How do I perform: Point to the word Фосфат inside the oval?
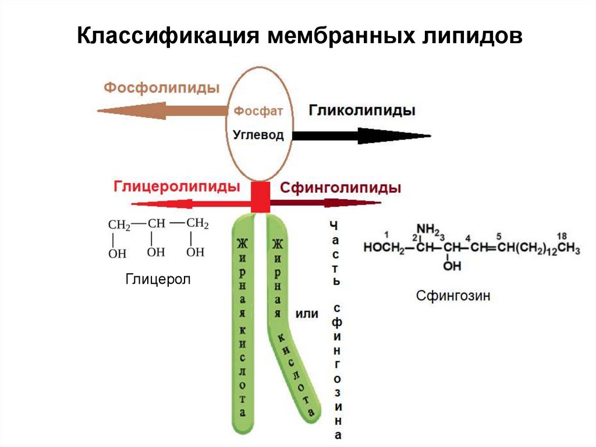click(x=258, y=110)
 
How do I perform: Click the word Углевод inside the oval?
click(x=258, y=135)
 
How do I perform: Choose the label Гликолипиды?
click(x=361, y=111)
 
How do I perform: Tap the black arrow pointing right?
click(x=361, y=136)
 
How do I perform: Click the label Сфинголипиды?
click(x=340, y=188)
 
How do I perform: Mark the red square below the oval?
click(x=260, y=197)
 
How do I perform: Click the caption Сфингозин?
click(x=453, y=295)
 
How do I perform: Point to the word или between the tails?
click(x=307, y=314)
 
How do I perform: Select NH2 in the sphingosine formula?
click(x=427, y=229)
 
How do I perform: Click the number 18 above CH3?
click(x=562, y=236)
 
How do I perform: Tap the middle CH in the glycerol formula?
click(x=157, y=223)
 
